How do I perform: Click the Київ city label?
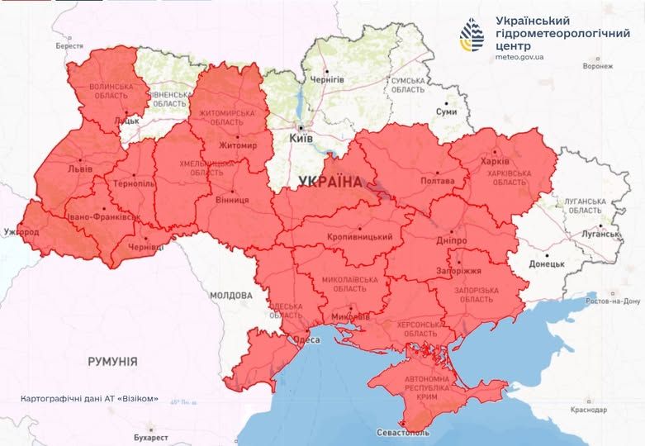301,140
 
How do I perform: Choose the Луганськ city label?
600,235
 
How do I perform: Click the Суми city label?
446,111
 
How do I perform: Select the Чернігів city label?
327,79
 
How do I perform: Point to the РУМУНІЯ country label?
112,362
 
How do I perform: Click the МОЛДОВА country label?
230,295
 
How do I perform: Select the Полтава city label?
437,181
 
